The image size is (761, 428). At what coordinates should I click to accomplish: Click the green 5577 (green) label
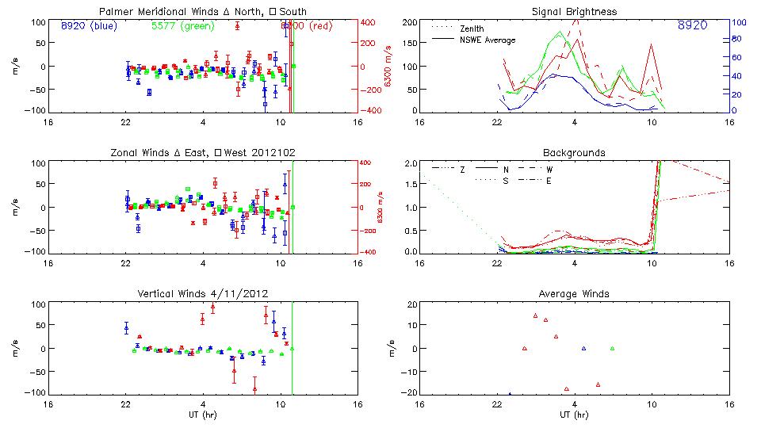tap(182, 25)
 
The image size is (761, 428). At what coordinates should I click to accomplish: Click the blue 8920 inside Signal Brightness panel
tap(692, 26)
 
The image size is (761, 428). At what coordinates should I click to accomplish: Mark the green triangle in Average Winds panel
tap(612, 348)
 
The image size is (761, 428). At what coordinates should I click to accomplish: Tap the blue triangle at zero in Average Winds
tap(583, 348)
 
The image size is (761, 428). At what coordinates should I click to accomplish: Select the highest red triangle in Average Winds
tap(536, 315)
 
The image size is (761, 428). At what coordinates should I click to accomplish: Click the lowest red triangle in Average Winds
tap(567, 388)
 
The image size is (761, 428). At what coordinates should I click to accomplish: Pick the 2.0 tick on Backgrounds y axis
tap(411, 164)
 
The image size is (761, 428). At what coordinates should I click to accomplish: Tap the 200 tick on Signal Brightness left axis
tap(409, 22)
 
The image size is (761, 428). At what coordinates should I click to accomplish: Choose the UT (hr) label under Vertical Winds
tap(203, 415)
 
